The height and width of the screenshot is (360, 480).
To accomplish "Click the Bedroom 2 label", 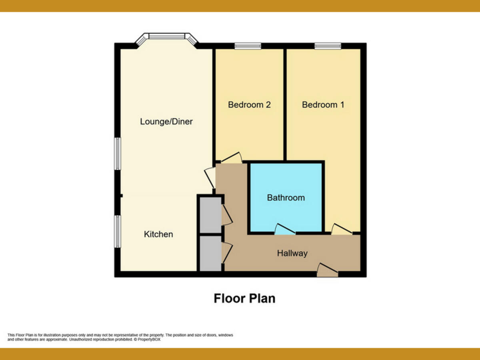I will coord(249,105).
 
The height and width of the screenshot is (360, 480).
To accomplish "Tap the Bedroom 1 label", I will coord(323,105).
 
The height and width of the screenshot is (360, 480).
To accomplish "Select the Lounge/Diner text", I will coord(166,122).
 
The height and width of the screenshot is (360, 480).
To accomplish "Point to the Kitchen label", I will coord(158,234).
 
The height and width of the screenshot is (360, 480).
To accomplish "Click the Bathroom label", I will coord(286,198).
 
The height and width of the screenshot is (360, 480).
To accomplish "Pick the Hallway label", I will coord(292,253).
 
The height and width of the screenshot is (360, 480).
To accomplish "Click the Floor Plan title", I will coord(244,298).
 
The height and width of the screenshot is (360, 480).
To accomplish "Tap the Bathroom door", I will coord(285,229).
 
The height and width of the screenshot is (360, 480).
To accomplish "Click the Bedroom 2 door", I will coord(231,158).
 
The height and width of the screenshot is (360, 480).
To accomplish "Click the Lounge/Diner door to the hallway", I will coord(210,178).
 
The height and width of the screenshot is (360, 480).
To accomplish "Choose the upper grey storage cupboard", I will coord(210,214).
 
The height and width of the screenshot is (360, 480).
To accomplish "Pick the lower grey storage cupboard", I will coord(210,253).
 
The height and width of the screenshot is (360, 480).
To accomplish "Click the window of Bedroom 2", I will coord(248,46).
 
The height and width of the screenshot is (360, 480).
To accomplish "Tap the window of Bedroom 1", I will coord(328,46).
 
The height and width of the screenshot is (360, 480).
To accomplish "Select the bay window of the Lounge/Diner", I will coord(166,37).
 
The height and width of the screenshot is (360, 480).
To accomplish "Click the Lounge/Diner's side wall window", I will coord(118,154).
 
